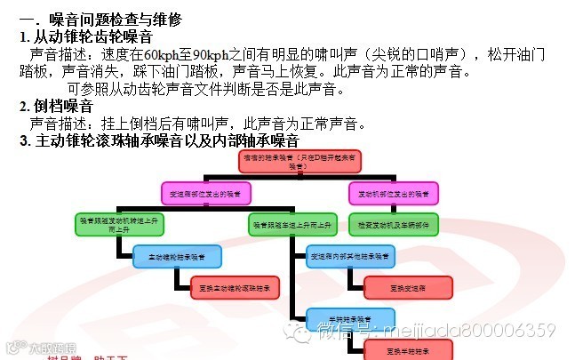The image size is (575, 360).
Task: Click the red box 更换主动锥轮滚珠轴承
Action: [236, 286]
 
